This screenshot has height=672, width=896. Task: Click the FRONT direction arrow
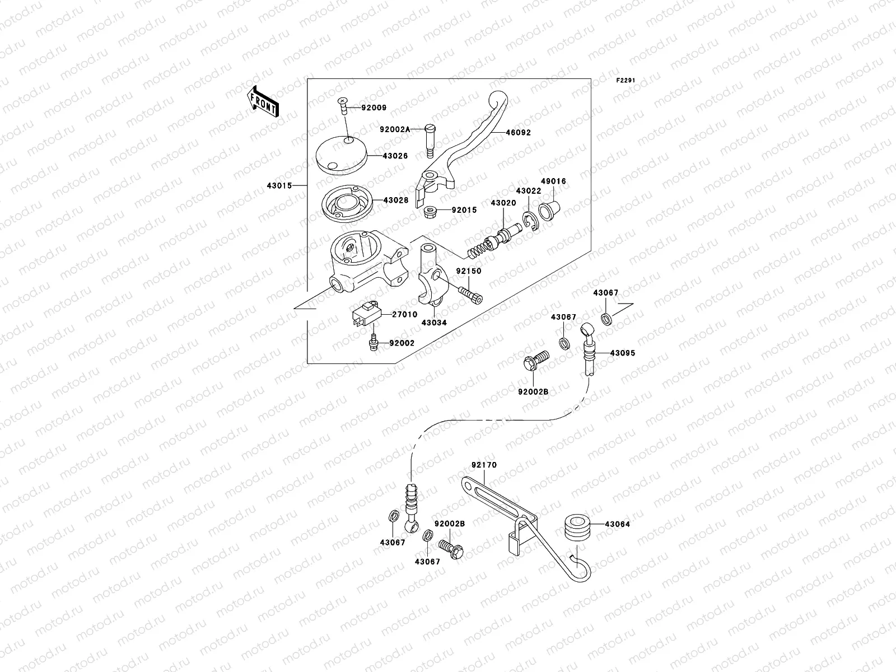(x=263, y=101)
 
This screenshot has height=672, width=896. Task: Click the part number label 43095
(x=622, y=353)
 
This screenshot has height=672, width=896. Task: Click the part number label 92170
(x=484, y=465)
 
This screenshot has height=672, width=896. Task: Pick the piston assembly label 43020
(x=503, y=203)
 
